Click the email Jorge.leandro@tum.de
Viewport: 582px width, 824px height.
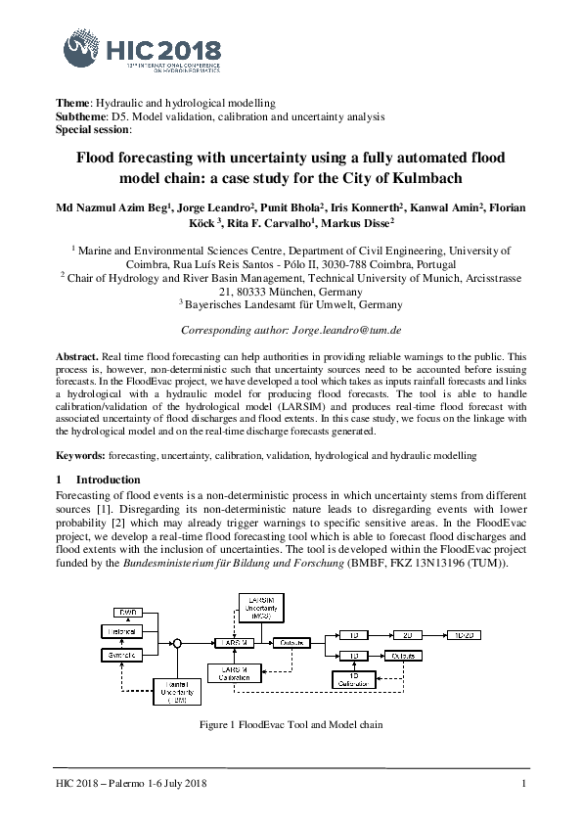[349, 333]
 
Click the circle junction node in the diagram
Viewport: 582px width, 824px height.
[178, 644]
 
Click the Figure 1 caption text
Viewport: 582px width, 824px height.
[291, 725]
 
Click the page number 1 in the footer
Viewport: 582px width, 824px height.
[525, 785]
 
